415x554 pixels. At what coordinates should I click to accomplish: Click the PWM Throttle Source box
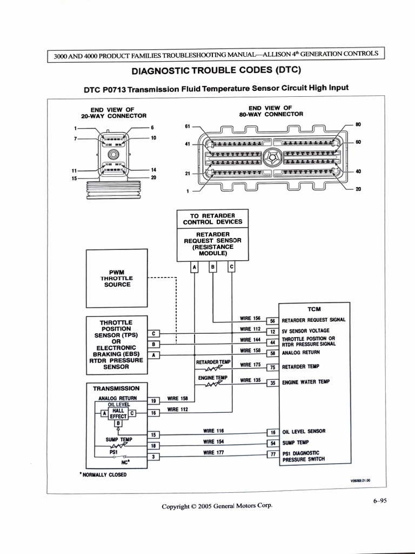(x=117, y=278)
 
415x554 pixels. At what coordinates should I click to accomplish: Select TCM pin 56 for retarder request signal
(x=273, y=321)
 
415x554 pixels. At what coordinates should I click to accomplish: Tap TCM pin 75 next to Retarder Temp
(x=273, y=367)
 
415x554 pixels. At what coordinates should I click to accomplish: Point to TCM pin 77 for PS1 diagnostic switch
(x=273, y=454)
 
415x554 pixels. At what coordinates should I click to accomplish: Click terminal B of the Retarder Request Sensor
(x=213, y=267)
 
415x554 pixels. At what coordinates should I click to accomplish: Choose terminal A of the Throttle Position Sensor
(x=154, y=355)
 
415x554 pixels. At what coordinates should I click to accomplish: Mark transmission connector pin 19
(x=153, y=401)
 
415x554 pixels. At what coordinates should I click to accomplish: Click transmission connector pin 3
(x=153, y=457)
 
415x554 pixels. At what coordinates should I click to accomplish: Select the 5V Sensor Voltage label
(x=305, y=331)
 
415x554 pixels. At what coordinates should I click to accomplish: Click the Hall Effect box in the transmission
(x=118, y=413)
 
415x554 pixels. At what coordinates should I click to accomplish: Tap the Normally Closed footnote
(x=103, y=474)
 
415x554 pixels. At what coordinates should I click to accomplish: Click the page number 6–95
(x=380, y=500)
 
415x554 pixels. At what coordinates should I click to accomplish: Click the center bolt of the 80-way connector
(x=272, y=157)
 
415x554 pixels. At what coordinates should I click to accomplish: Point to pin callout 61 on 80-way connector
(x=188, y=126)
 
